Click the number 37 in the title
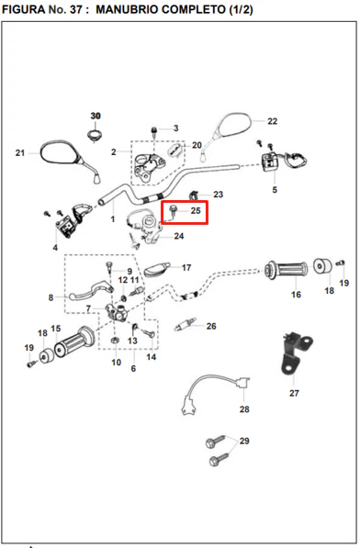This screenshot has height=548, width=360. click(x=76, y=9)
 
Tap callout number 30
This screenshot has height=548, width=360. click(x=96, y=116)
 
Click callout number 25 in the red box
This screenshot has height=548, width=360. click(x=196, y=210)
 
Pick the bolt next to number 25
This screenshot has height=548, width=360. click(x=173, y=212)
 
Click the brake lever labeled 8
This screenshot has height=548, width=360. click(x=91, y=290)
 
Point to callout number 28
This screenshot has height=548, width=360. click(x=244, y=408)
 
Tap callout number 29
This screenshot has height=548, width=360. click(x=244, y=441)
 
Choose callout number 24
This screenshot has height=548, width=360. click(x=179, y=236)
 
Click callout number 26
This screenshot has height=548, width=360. click(x=211, y=326)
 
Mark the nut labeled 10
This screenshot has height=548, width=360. click(x=115, y=340)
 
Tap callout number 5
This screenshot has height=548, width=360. click(x=275, y=189)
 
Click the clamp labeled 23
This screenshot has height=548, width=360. click(x=195, y=196)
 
